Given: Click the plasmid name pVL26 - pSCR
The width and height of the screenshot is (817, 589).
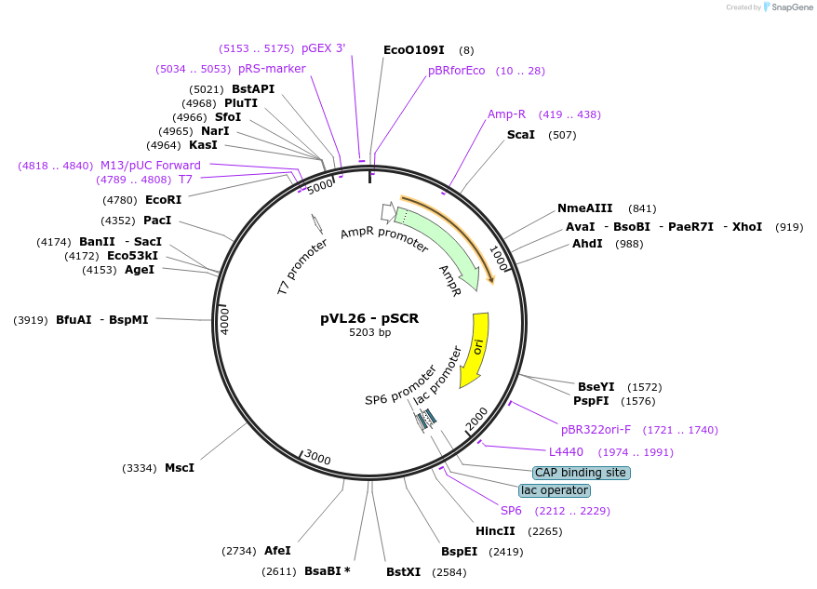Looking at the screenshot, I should point(369,318).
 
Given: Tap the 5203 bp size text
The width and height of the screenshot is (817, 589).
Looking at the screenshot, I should point(369,332).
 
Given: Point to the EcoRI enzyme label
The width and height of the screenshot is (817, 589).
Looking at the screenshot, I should point(164,199).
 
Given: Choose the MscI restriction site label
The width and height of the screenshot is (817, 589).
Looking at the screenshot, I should point(180,467).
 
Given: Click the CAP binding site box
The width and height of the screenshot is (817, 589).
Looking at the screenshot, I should point(581,473).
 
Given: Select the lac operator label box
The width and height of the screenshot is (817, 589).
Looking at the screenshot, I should point(554,490).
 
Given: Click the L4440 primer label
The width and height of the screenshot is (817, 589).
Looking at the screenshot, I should point(566,452).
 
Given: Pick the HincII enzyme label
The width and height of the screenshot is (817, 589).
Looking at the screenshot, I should point(495,531).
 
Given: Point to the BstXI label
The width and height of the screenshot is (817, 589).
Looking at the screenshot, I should point(404,571).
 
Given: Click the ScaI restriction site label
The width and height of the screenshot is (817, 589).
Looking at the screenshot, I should point(521,135).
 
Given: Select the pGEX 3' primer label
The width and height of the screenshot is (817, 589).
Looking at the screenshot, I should point(323,47).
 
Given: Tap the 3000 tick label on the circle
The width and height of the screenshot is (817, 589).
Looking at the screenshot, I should point(318,458).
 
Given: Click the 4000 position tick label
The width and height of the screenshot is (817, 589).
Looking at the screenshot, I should point(224,319).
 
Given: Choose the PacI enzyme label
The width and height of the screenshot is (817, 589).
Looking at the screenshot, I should point(157,221).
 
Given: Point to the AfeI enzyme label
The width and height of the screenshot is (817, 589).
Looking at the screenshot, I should point(277,551).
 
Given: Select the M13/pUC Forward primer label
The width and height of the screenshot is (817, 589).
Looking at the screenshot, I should point(151,166).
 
